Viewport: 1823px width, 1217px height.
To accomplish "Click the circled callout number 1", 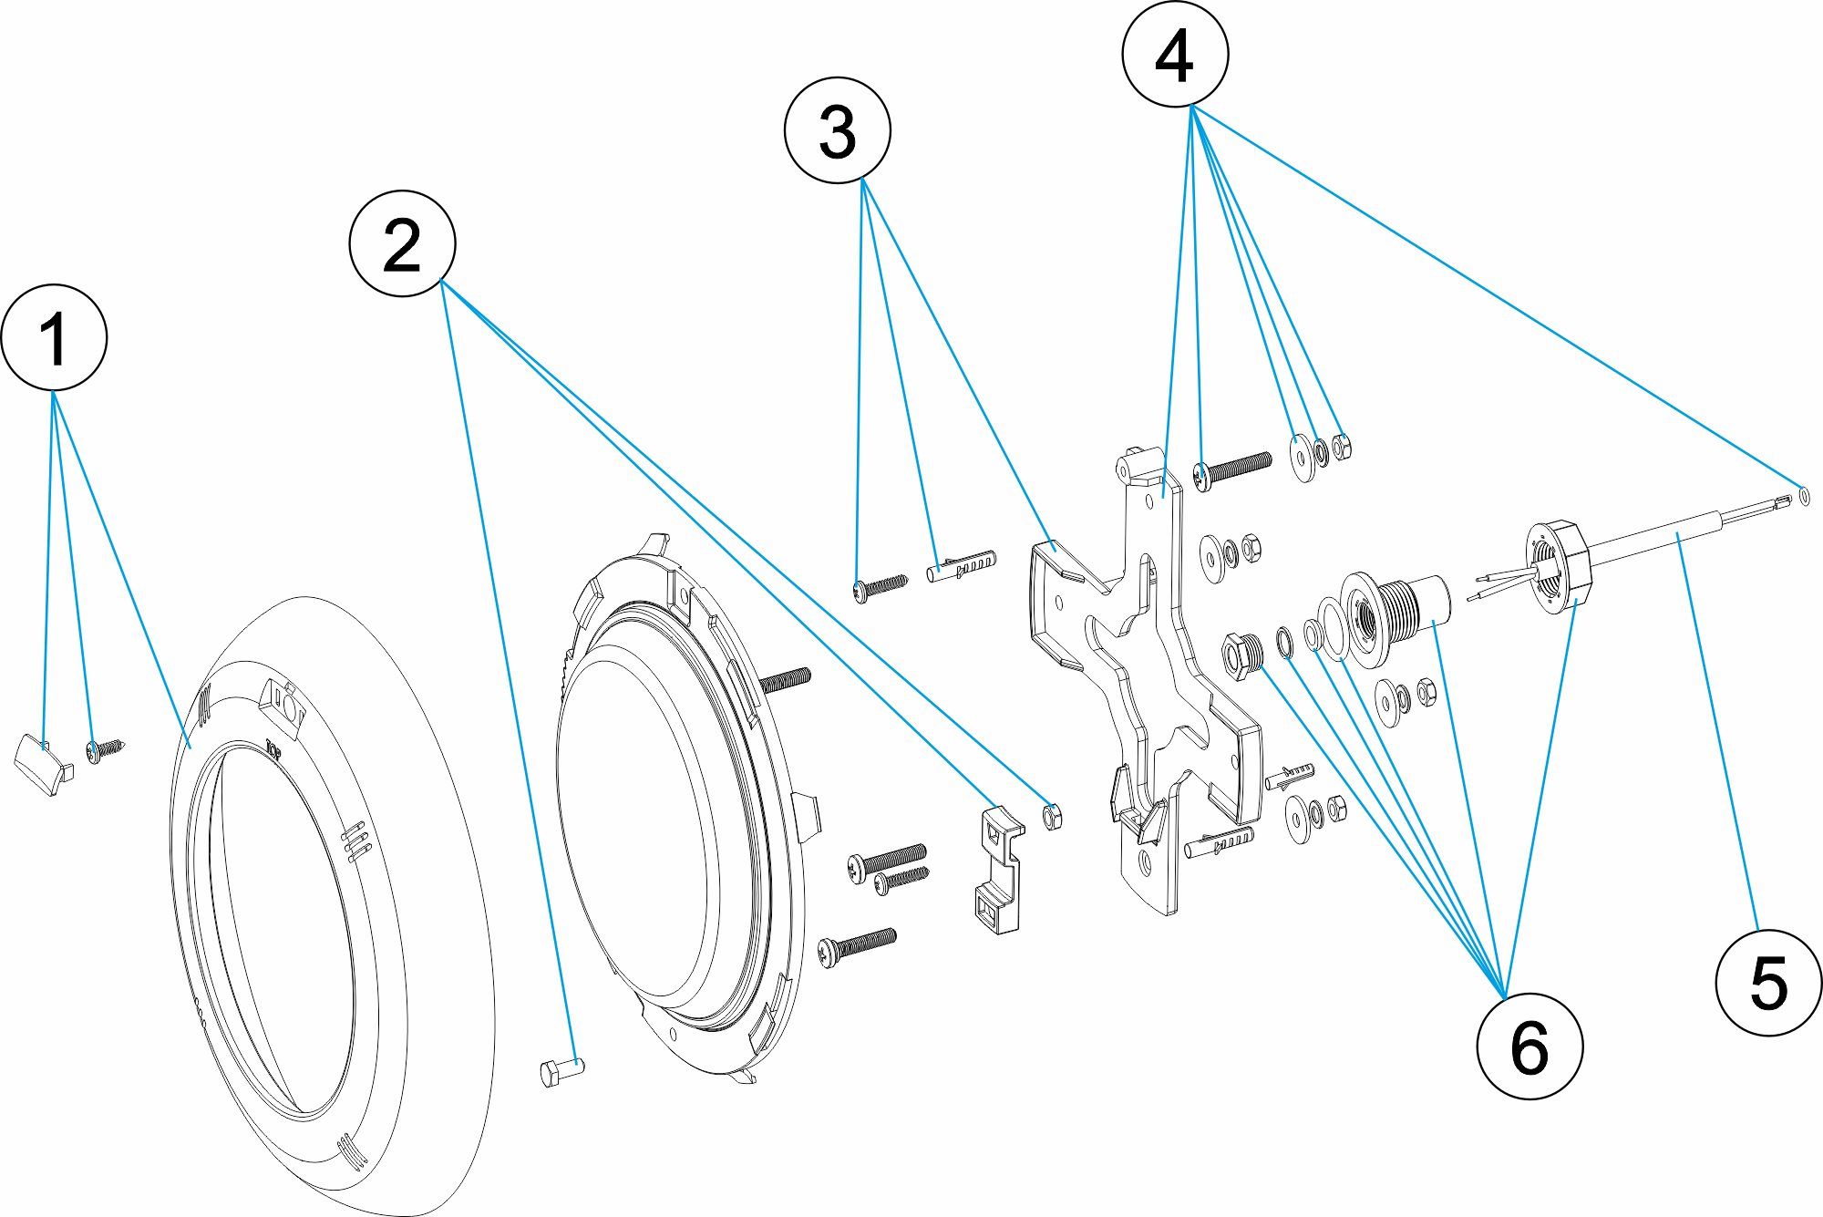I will coord(55,337).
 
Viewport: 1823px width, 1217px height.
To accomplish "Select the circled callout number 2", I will coord(402,243).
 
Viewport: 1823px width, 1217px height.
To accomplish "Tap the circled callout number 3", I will coord(837,131).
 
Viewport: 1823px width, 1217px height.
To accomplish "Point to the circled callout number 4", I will coord(1175,55).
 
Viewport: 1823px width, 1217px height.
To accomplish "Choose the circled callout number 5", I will coord(1768,983).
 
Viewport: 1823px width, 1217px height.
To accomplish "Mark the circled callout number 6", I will coord(1529,1046).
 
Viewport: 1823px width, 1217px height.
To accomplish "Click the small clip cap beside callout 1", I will coord(43,763).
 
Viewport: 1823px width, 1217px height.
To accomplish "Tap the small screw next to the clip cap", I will coord(105,749).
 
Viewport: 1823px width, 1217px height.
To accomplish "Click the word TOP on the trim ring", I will coord(273,747).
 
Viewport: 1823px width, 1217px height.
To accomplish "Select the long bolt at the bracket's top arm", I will coord(1232,469).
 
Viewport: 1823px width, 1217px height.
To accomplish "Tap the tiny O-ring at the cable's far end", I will coord(1805,495).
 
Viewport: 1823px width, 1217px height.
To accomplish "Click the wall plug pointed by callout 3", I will coord(962,564).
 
